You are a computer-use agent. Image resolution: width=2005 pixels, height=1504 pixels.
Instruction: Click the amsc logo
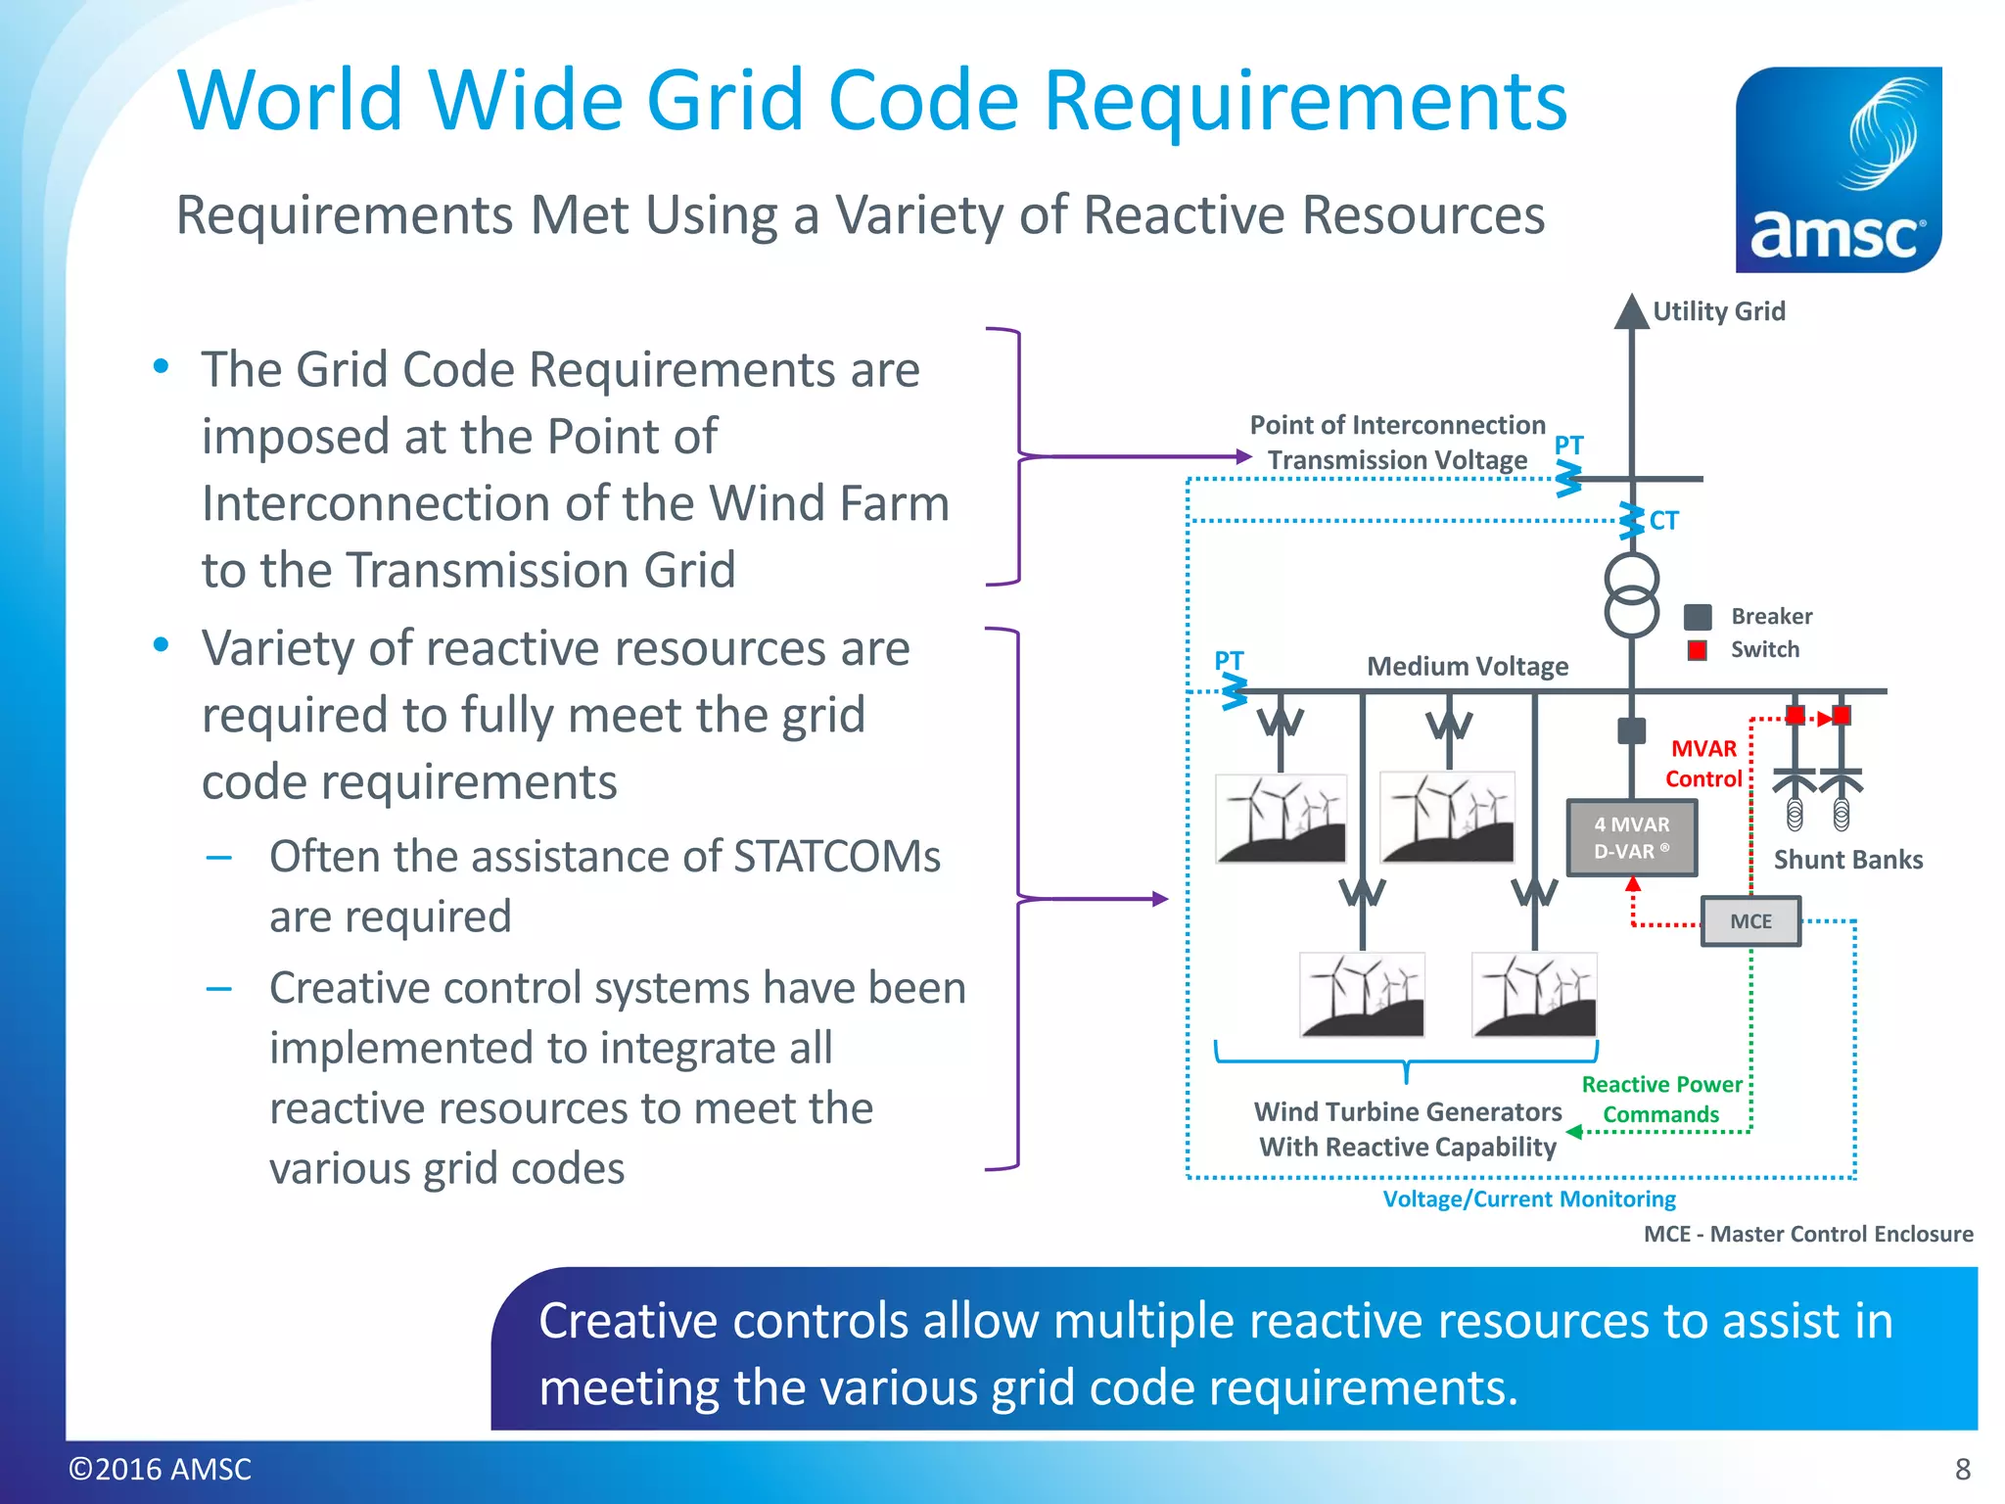point(1838,169)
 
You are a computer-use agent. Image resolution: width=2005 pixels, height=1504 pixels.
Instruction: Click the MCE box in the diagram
point(1750,921)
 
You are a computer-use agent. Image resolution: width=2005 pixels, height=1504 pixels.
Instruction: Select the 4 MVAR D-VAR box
point(1631,838)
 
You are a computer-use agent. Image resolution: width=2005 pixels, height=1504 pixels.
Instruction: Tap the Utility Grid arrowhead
point(1631,311)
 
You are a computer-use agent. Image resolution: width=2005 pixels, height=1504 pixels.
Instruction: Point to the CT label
point(1663,521)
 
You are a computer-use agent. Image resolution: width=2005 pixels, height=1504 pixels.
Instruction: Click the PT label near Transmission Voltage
point(1568,445)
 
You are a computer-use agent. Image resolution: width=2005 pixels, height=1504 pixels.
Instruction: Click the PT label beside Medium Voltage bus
point(1229,660)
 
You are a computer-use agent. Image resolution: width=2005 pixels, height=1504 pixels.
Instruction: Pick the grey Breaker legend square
point(1698,617)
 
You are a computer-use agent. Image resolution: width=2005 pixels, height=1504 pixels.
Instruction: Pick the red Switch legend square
point(1698,650)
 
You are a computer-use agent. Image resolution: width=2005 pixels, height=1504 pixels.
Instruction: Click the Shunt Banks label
point(1847,860)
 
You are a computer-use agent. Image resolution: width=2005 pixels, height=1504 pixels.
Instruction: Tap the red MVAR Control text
point(1703,764)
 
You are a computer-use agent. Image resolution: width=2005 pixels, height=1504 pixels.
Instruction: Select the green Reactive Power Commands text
point(1661,1100)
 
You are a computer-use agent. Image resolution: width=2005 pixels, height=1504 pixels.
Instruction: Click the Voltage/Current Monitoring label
point(1528,1199)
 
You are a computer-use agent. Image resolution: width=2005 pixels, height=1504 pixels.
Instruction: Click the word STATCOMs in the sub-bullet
point(836,857)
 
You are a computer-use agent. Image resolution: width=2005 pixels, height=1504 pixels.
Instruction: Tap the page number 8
point(1962,1469)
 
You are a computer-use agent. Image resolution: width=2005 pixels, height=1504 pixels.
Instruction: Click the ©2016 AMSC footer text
point(160,1469)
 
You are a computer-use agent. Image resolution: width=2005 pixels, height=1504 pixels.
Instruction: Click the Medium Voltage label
point(1467,667)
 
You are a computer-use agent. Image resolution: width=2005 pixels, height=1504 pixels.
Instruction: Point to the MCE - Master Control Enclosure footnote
point(1807,1234)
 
